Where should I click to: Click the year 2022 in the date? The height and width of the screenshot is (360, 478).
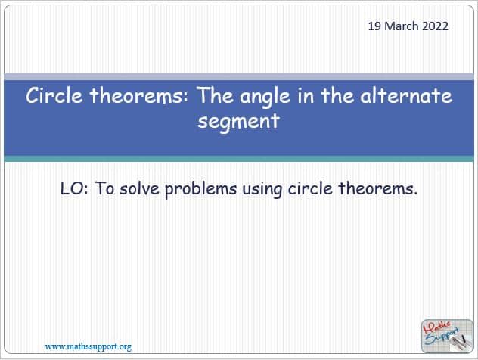pos(435,26)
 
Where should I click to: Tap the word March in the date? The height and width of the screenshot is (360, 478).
pos(402,26)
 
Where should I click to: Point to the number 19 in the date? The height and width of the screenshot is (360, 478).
pos(374,26)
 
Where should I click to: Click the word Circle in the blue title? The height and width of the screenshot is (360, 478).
pos(54,95)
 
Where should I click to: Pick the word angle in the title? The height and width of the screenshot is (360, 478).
pos(265,97)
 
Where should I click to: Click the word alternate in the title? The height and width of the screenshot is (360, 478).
pos(406,95)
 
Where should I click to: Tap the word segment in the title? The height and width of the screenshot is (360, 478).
pos(239,122)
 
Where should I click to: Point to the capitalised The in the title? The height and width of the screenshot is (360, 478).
pos(216,95)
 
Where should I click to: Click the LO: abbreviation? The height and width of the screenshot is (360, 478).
pos(74,188)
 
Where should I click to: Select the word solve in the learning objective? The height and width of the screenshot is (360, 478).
pos(140,188)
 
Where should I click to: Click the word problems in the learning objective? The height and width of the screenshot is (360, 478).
pos(201,190)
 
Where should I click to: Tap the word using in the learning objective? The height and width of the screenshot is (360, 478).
pos(262,190)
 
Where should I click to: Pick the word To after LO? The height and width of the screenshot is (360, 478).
pos(104,188)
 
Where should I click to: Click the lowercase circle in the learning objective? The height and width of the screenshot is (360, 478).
pos(310,188)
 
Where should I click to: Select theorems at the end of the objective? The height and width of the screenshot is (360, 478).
pos(378,188)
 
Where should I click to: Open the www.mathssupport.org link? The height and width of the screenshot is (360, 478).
pos(88,346)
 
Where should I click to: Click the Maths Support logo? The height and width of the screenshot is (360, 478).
pos(447,336)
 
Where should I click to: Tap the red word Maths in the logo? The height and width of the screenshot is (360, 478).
pos(437,327)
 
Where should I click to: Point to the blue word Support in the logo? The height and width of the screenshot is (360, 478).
pos(442,336)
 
